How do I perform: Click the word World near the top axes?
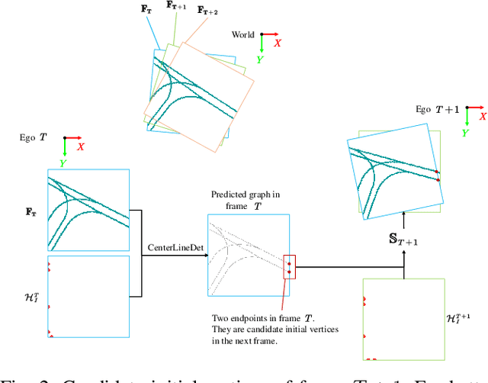[x=243, y=34]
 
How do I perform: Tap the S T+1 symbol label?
[x=404, y=240]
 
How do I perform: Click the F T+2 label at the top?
[x=207, y=11]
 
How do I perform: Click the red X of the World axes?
[x=278, y=43]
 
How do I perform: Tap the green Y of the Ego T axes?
[x=64, y=162]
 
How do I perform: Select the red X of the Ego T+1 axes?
[x=480, y=118]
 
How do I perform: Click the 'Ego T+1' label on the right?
[x=437, y=110]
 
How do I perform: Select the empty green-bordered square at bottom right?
[x=404, y=319]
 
